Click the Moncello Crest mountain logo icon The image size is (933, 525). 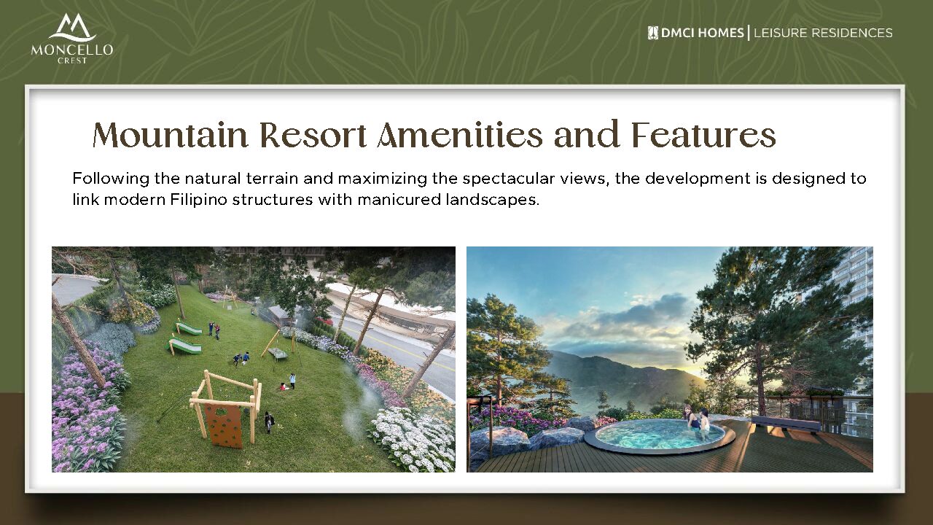(72, 27)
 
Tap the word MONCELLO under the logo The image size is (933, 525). (72, 50)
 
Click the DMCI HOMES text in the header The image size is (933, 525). (702, 33)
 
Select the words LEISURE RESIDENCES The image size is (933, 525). (823, 33)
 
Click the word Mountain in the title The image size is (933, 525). (170, 135)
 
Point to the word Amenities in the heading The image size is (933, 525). (461, 135)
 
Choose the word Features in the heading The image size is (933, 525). (704, 135)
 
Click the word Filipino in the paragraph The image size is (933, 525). (199, 200)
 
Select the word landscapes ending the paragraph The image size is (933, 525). (493, 200)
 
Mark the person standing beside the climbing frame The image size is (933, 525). (269, 422)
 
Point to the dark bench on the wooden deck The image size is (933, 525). (786, 424)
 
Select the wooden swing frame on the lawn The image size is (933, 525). (279, 344)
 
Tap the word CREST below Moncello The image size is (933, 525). (72, 61)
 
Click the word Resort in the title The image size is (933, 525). (313, 135)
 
